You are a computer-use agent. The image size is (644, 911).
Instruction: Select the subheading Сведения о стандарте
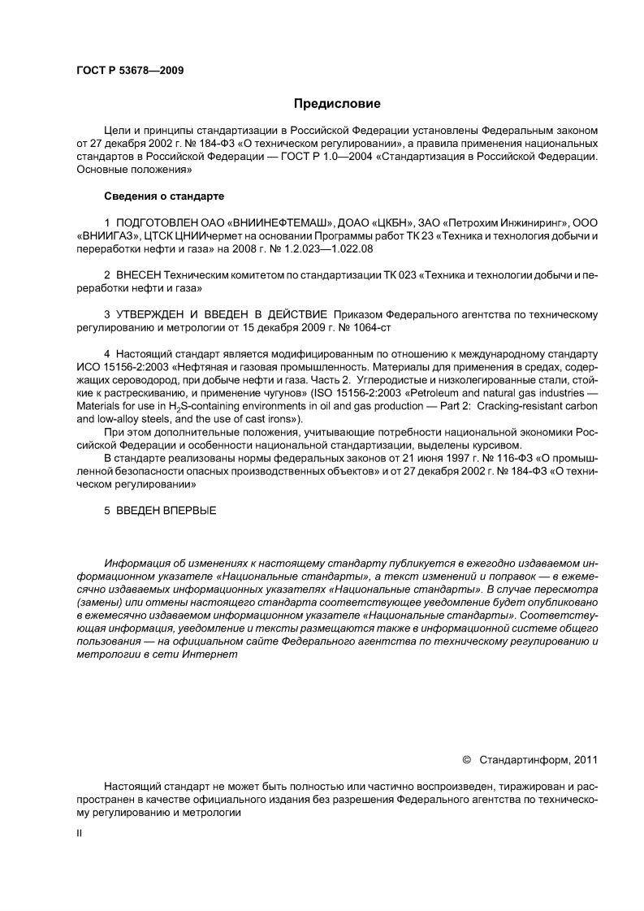[x=164, y=196]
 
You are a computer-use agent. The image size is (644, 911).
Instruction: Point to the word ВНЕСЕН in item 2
[x=139, y=274]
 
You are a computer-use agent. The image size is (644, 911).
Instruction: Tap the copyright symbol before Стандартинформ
[x=466, y=760]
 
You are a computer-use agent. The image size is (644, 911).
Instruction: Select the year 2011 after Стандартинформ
[x=585, y=760]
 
